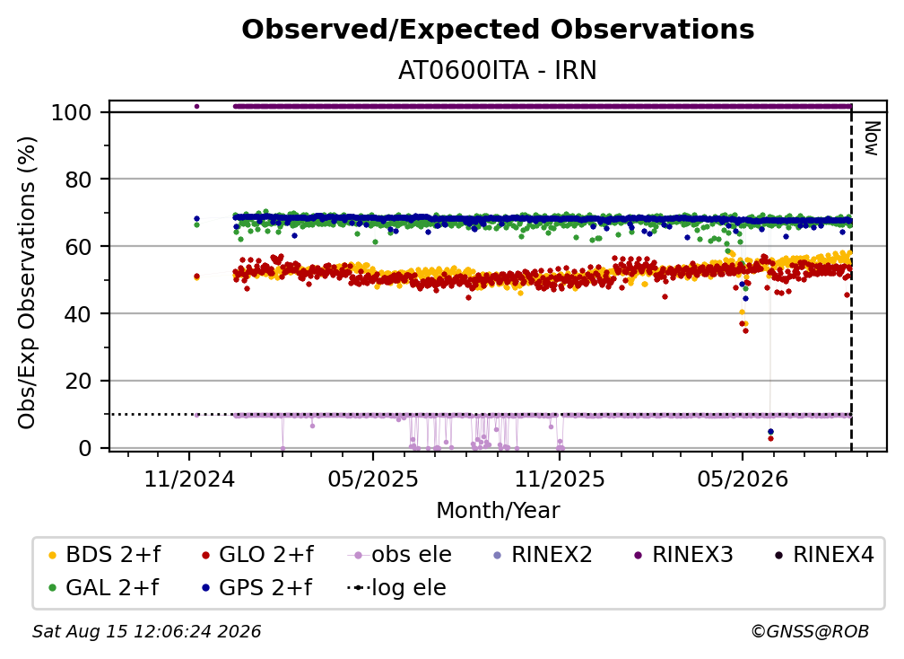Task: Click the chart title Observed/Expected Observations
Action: click(498, 30)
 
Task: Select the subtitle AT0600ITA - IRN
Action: click(498, 70)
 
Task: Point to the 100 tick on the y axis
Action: click(72, 112)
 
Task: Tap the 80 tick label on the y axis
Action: click(78, 180)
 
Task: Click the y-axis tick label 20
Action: click(78, 381)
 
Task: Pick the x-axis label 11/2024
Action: click(189, 479)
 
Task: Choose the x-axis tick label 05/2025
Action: click(373, 479)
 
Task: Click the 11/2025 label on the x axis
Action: click(560, 479)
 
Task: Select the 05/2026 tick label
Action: click(743, 479)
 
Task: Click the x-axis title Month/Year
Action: click(498, 510)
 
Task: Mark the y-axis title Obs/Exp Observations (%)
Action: click(27, 283)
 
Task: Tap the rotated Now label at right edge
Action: click(871, 138)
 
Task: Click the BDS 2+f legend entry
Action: click(105, 555)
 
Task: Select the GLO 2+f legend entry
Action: click(257, 555)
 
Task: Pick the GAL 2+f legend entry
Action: click(104, 587)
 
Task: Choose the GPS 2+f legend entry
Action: click(257, 587)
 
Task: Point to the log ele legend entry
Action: click(396, 587)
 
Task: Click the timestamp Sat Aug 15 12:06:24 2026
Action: click(146, 631)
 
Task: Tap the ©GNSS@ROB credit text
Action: click(810, 631)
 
